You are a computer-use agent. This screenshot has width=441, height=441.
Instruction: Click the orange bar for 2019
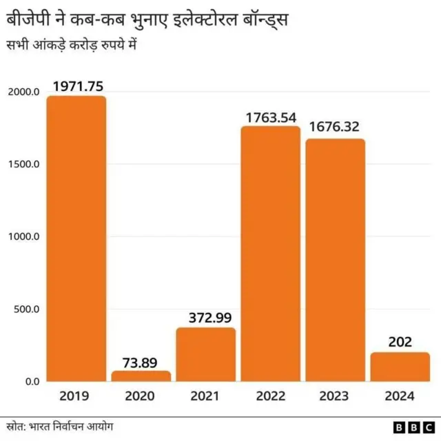pyautogui.click(x=76, y=238)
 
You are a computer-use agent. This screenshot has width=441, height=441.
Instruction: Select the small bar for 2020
pyautogui.click(x=141, y=376)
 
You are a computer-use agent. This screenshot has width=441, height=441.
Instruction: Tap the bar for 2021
pyautogui.click(x=206, y=354)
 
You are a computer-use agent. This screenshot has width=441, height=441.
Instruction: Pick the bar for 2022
pyautogui.click(x=271, y=254)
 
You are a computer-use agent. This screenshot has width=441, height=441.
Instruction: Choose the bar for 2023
pyautogui.click(x=336, y=260)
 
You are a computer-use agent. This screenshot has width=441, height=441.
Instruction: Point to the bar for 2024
pyautogui.click(x=400, y=367)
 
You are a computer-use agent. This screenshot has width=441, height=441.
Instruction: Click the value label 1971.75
pyautogui.click(x=76, y=86)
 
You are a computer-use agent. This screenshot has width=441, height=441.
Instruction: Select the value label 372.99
pyautogui.click(x=206, y=318)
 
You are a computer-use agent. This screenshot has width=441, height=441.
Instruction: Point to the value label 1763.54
pyautogui.click(x=271, y=116)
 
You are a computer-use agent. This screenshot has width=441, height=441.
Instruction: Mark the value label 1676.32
pyautogui.click(x=336, y=127)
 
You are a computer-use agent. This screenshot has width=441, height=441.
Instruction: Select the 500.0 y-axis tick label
pyautogui.click(x=26, y=309)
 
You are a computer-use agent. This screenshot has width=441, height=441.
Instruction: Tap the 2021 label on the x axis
pyautogui.click(x=206, y=396)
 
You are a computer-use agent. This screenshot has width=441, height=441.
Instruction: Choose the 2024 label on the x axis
pyautogui.click(x=400, y=396)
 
